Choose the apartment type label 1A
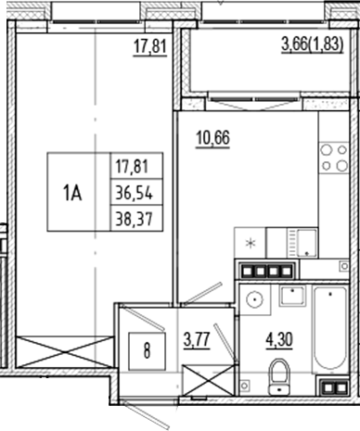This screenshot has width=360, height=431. pos(73,193)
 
